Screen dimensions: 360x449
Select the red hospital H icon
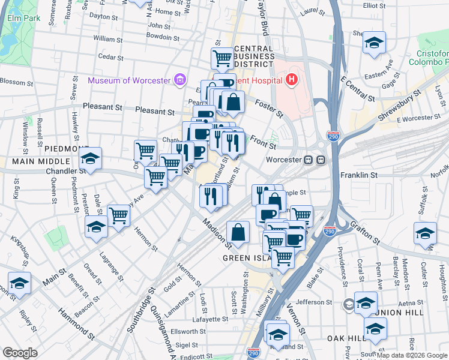coord(292,80)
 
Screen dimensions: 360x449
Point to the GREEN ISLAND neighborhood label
coord(249,258)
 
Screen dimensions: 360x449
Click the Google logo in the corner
coord(20,353)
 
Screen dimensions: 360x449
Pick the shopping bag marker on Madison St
coord(238,232)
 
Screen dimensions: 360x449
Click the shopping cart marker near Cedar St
coord(222,58)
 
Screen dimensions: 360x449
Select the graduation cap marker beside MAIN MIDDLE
coord(90,158)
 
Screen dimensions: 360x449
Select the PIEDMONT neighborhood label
coord(65,148)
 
